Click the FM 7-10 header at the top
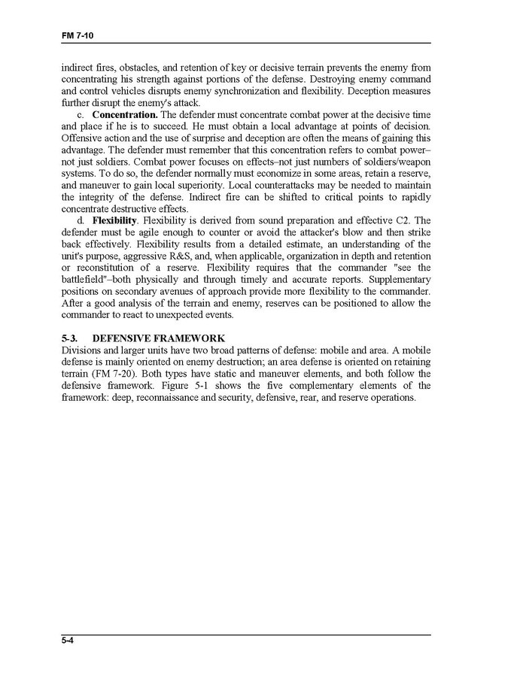click(x=77, y=36)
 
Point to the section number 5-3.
click(x=71, y=338)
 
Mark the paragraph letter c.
click(x=81, y=114)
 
